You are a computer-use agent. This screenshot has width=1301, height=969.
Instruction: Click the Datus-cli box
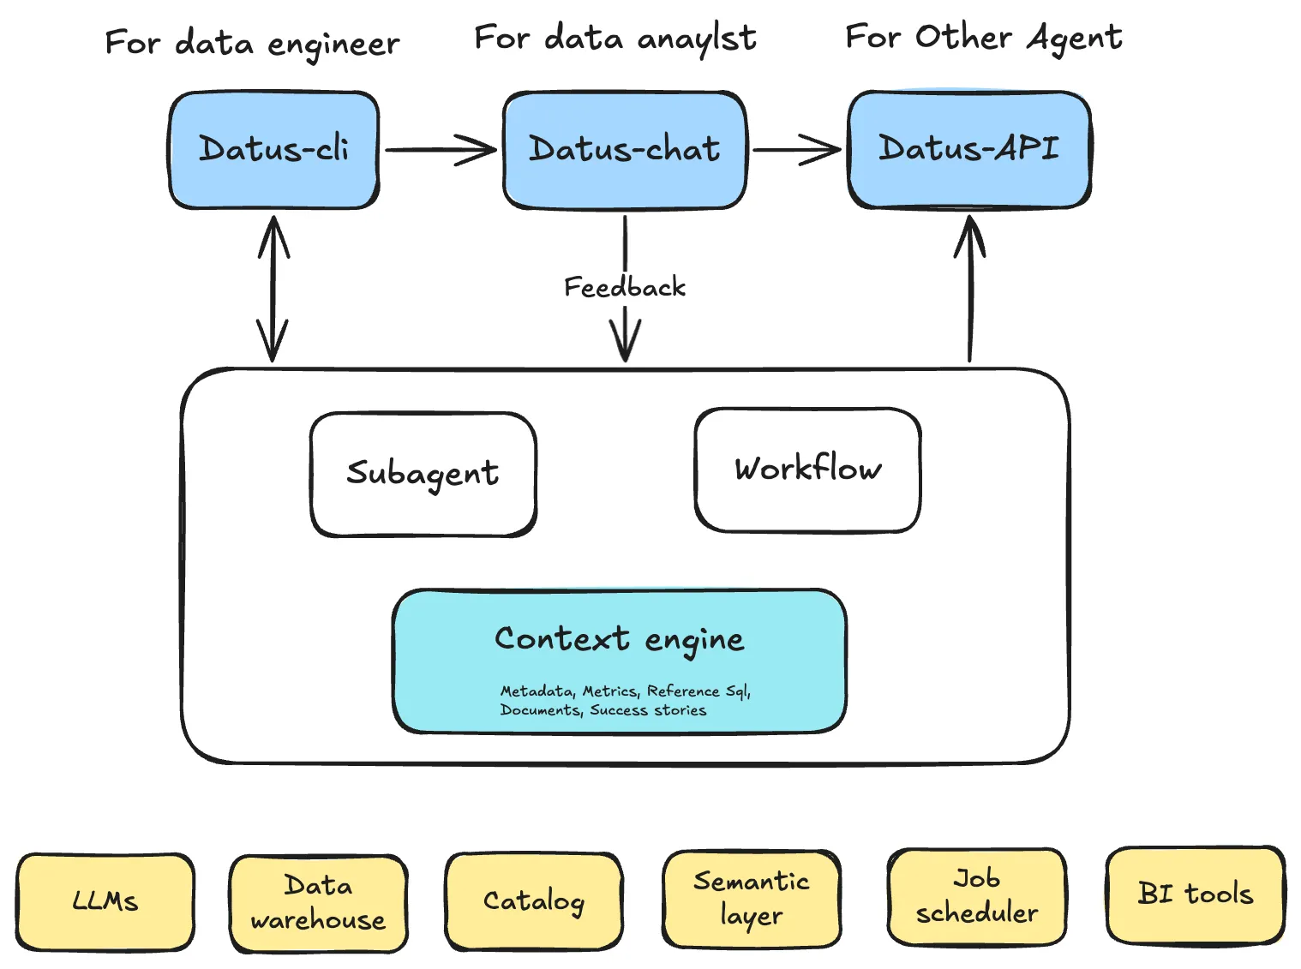(x=273, y=150)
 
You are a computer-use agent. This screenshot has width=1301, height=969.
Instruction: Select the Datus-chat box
(x=624, y=150)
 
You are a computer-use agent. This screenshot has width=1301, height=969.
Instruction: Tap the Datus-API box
(x=968, y=149)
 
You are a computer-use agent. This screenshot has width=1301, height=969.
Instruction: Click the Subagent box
(x=423, y=474)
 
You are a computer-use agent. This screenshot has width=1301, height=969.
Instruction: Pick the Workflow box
(x=807, y=470)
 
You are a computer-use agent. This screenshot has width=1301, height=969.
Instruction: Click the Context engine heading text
(x=619, y=639)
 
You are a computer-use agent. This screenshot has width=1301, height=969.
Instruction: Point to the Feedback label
(x=624, y=287)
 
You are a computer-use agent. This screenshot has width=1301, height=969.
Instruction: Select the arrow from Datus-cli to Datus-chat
(x=440, y=150)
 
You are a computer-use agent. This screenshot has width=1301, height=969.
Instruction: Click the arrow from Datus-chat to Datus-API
(x=796, y=150)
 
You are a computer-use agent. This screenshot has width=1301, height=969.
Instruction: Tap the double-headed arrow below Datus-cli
(x=273, y=289)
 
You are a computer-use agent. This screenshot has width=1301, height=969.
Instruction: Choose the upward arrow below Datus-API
(x=969, y=289)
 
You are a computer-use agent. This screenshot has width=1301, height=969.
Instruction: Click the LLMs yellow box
(x=105, y=901)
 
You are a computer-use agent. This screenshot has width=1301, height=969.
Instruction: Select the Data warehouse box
(x=318, y=903)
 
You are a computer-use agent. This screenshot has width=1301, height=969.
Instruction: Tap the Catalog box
(x=533, y=901)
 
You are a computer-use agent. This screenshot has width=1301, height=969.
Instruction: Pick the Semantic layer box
(x=751, y=899)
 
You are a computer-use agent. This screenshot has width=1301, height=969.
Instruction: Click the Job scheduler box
(x=976, y=897)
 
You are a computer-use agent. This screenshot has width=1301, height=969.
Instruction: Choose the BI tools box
(x=1195, y=894)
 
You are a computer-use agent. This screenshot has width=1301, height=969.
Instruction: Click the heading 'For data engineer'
(x=252, y=43)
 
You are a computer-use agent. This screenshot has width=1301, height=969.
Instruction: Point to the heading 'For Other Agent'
(x=983, y=38)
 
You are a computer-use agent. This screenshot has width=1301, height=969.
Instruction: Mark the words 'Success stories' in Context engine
(x=648, y=710)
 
